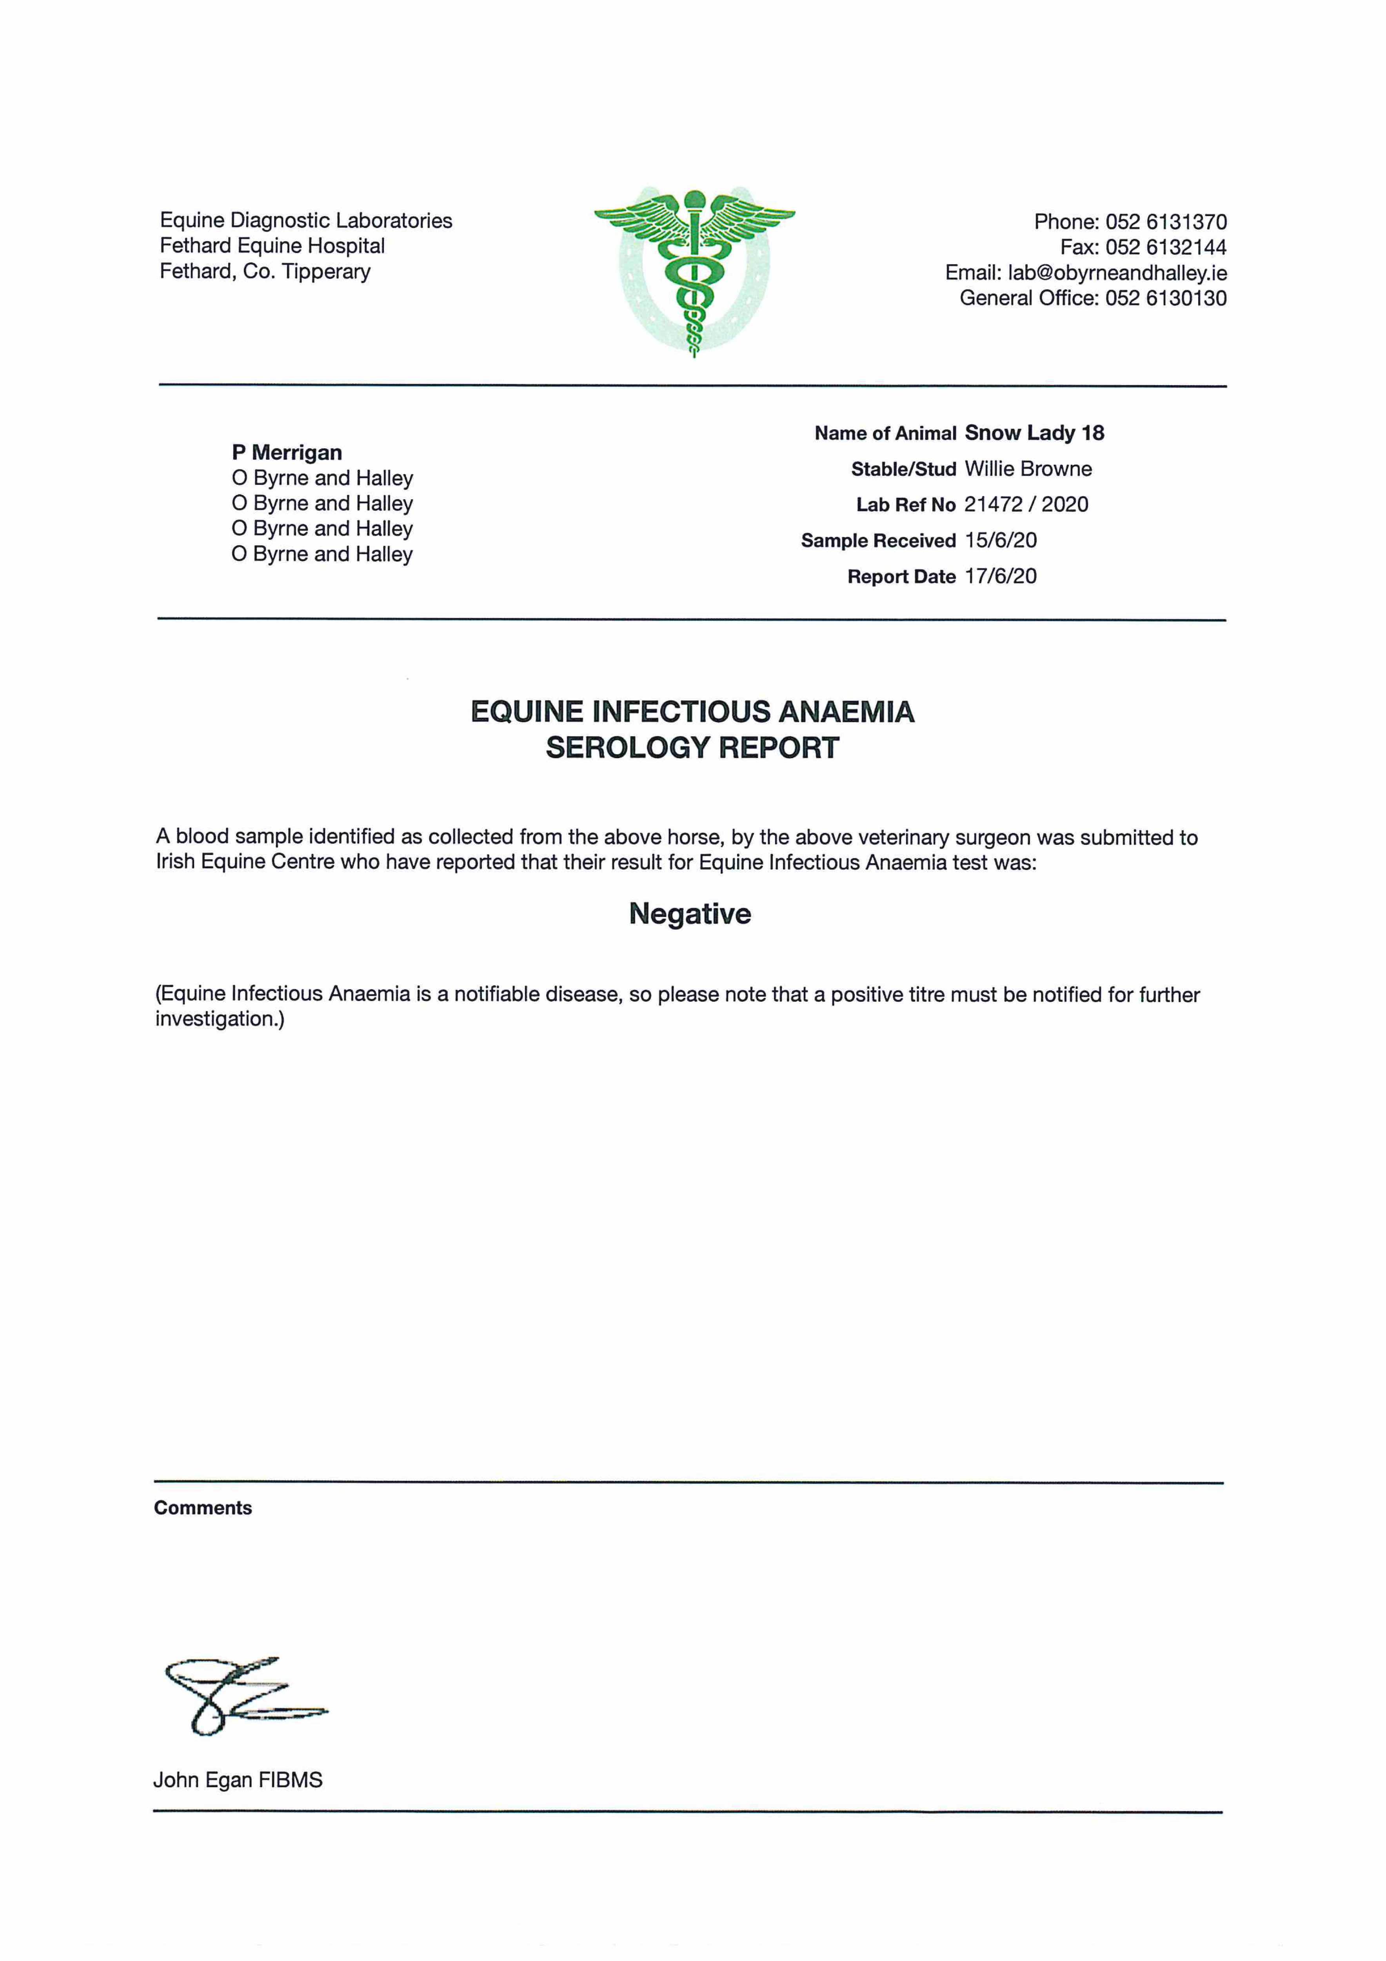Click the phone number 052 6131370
tap(1166, 222)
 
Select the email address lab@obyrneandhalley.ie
tap(1117, 273)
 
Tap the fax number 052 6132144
tap(1166, 248)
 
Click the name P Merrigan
tap(287, 453)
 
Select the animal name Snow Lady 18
tap(1034, 433)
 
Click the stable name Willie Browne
tap(1028, 469)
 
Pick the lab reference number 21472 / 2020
tap(1026, 505)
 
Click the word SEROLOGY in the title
tap(627, 748)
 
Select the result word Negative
tap(690, 914)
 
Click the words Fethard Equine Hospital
tap(272, 246)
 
